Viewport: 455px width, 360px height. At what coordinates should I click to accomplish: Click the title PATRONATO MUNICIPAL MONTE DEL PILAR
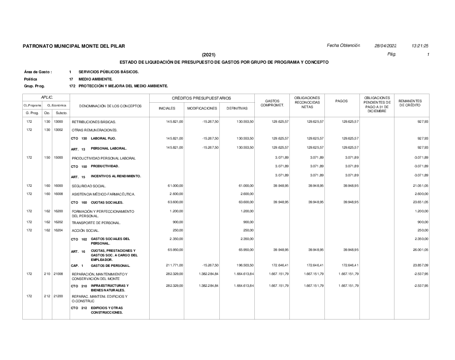pos(74,46)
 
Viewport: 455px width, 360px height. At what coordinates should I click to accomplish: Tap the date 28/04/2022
pos(385,46)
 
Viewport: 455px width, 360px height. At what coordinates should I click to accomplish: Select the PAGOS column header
pos(341,101)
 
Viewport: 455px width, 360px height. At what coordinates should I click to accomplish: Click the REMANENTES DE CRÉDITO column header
pos(410,103)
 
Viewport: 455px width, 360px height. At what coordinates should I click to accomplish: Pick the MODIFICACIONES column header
pos(202,109)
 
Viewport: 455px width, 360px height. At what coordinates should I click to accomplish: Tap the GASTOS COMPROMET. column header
pos(272,103)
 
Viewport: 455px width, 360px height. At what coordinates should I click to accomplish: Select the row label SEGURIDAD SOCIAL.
pos(89,186)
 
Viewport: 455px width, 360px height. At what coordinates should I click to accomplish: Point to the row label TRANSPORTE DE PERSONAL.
pos(96,223)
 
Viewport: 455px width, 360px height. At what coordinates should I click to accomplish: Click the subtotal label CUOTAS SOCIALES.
pos(107,202)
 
